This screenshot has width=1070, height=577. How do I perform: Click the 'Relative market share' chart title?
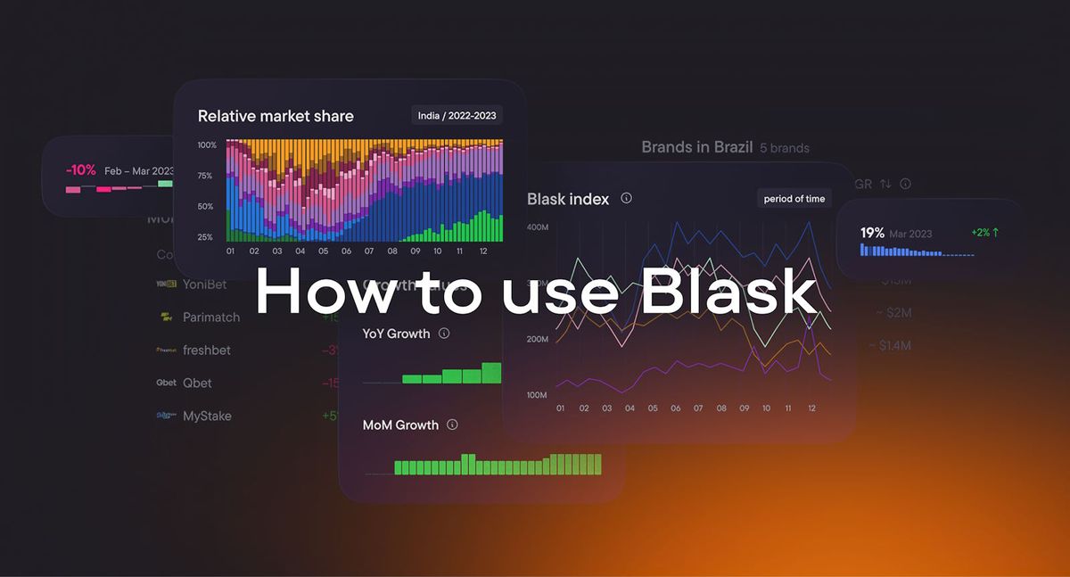[x=276, y=116]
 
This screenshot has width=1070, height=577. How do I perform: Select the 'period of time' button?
[x=794, y=199]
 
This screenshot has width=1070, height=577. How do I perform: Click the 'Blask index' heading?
[x=568, y=199]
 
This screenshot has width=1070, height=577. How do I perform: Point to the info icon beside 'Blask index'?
[x=627, y=198]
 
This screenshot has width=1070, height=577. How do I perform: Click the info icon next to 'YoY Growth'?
[x=444, y=334]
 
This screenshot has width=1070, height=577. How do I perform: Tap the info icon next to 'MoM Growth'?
[x=452, y=425]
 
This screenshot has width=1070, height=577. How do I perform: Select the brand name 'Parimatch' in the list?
[x=211, y=317]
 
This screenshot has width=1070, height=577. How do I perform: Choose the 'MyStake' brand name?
[x=207, y=416]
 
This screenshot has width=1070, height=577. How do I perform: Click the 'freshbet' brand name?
[x=207, y=350]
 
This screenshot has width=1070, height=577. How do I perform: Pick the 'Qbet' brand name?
[x=197, y=383]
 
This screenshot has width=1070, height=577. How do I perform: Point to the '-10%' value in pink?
[x=80, y=170]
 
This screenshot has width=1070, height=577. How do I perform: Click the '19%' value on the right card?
[x=872, y=233]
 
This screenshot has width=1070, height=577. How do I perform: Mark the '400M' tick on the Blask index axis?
[x=537, y=227]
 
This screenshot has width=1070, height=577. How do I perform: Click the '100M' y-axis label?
[x=537, y=395]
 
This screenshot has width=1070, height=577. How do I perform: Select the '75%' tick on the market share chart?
[x=205, y=176]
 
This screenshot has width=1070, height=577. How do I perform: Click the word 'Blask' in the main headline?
[x=728, y=292]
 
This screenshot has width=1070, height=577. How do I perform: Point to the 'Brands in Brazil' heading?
[x=696, y=147]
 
